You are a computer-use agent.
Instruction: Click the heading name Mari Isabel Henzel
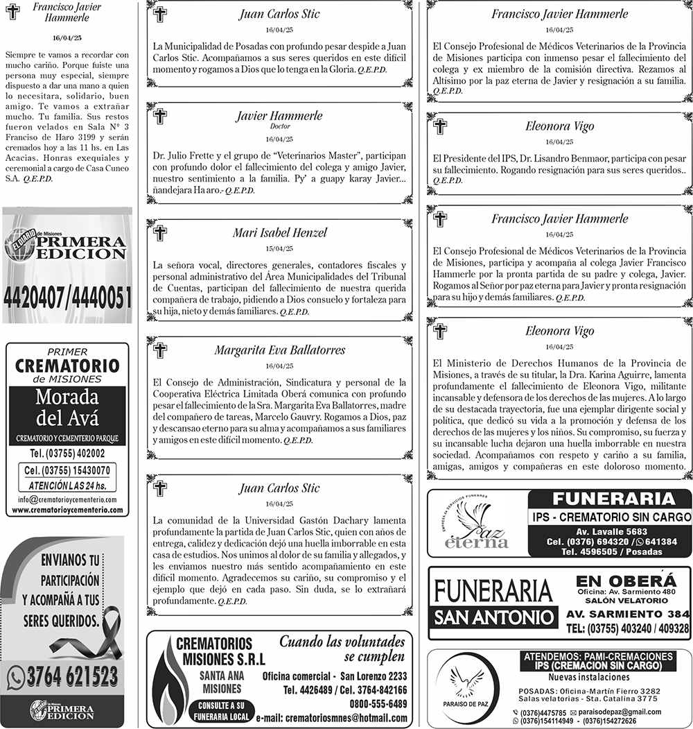279,233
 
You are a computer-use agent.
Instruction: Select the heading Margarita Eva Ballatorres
279,350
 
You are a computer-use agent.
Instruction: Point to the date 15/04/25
279,249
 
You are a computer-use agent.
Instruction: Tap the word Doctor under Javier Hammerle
279,127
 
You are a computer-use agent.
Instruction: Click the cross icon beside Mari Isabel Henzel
160,234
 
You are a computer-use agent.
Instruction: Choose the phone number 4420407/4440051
67,297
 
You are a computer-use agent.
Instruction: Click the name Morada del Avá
67,408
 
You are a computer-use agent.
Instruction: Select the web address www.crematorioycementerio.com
67,510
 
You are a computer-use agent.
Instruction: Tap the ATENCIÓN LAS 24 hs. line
67,485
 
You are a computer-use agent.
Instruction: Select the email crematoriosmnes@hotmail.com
331,719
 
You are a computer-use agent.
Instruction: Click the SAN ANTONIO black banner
495,617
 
